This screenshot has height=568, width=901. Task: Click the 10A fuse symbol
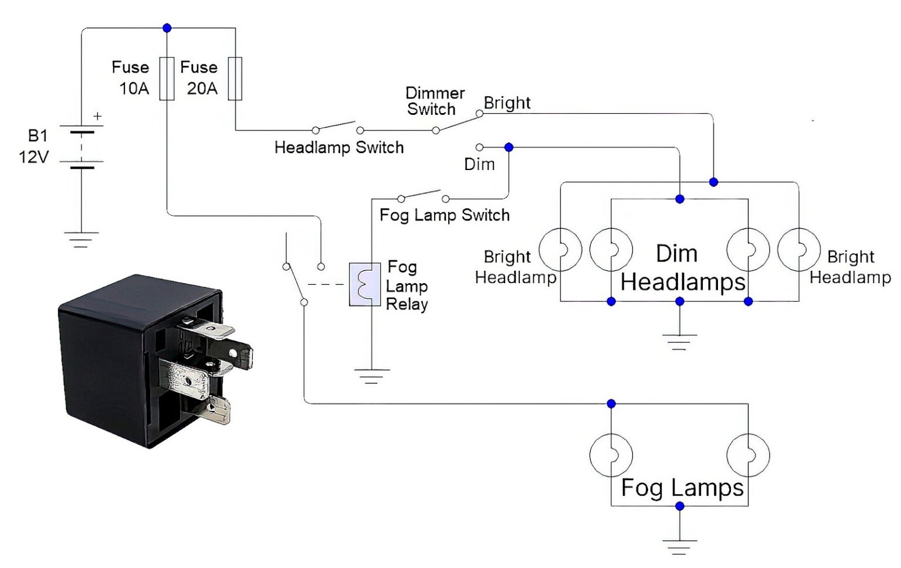coord(167,79)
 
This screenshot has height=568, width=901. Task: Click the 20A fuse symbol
coord(235,79)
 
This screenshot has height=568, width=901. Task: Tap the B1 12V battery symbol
coord(82,149)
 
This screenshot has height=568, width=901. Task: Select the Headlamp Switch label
coord(339,147)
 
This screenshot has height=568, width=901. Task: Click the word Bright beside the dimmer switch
coord(507,103)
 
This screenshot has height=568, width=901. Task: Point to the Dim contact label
coord(479,164)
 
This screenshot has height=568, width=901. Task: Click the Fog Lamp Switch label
coord(445,215)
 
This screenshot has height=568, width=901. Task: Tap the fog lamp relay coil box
coord(364,284)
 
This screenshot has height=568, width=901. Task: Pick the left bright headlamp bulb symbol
coord(560,250)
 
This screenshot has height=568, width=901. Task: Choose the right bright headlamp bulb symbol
coord(799,250)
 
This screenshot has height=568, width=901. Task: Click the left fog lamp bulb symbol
coord(611,455)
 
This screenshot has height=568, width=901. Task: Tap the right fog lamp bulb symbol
coord(748,455)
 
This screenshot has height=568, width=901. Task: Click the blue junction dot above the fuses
coord(167,28)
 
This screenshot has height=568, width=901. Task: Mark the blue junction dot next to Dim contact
coord(509,147)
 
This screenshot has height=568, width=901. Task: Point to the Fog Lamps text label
coord(682,488)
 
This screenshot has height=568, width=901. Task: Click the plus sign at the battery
coord(97,117)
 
